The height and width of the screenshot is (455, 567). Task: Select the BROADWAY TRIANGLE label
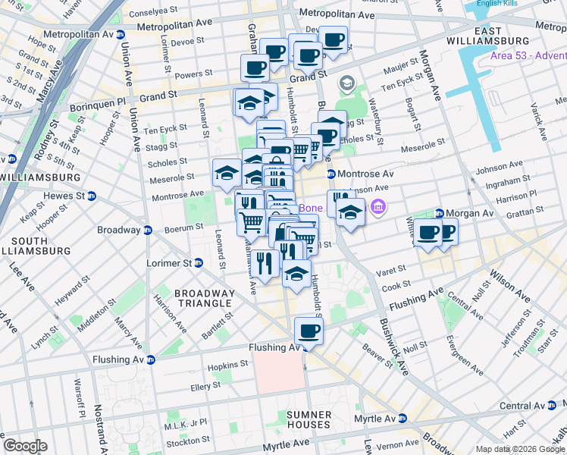coord(204,298)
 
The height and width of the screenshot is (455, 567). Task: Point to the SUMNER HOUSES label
coord(309,419)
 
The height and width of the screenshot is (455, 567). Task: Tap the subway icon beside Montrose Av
coord(331,174)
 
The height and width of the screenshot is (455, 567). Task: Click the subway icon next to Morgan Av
coord(439,214)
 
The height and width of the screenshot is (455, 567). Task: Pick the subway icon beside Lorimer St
coord(199,263)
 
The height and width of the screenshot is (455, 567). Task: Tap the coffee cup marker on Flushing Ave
coord(309,331)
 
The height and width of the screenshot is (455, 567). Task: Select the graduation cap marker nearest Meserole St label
coord(226,174)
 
